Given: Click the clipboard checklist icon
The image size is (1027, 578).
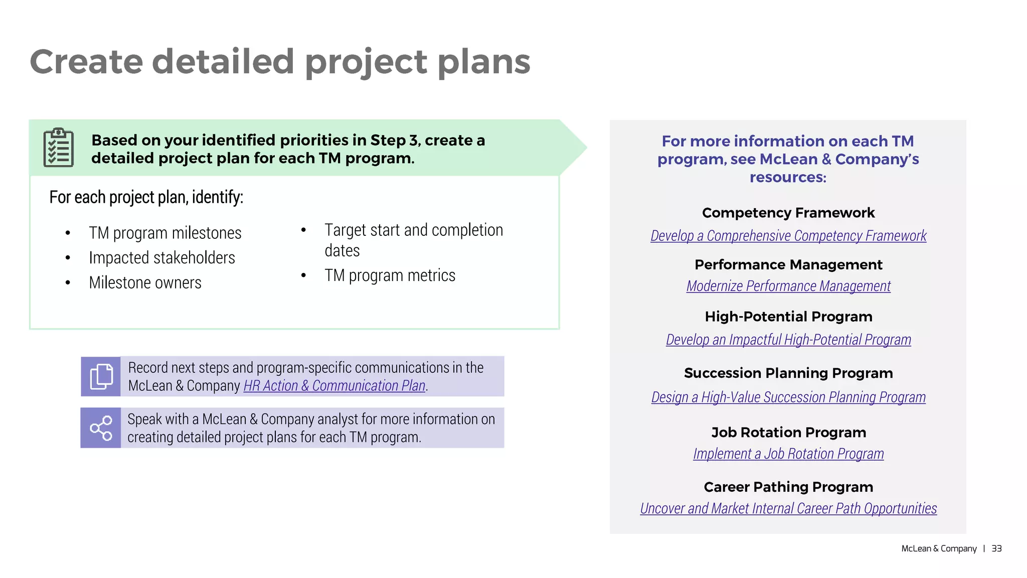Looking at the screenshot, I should pos(59,148).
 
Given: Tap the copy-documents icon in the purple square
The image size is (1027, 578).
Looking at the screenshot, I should pos(101,376).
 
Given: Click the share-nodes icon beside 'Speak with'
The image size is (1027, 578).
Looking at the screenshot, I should pos(101,428).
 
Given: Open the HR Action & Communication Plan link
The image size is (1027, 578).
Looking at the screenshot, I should pos(334,386).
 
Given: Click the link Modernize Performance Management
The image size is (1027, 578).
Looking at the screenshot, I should pos(788,286).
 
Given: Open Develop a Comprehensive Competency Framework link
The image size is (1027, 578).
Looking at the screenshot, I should pos(788,236).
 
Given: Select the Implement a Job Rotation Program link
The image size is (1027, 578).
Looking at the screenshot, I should pos(788,454).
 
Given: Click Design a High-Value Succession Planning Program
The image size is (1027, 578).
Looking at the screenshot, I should pos(788,397).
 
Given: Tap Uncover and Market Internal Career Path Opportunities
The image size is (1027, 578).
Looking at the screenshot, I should pos(788,509).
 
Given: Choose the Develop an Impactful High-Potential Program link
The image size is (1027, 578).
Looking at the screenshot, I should pos(788,340).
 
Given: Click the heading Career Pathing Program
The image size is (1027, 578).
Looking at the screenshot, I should pos(788,487).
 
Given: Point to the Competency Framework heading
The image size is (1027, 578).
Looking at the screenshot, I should pos(788,213).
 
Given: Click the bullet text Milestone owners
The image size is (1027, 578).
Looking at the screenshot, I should pos(145,283).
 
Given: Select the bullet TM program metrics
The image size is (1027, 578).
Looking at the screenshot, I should pos(390,275).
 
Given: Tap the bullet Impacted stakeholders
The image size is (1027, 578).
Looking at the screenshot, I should pos(162,258).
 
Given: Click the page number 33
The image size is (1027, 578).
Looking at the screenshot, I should pos(996,548).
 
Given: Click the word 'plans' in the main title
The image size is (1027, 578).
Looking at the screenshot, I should pos(483,62).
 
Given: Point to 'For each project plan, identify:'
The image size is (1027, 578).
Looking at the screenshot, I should pos(146,197).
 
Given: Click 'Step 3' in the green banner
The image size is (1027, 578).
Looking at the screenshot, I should pos(389,140).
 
